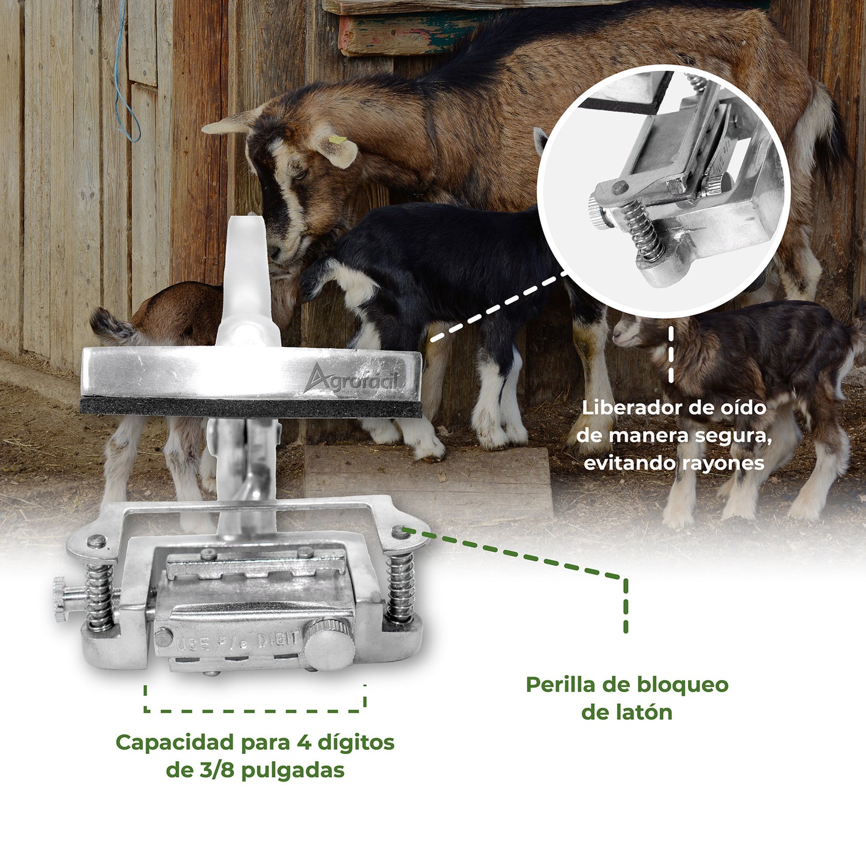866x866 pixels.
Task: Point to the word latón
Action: click(x=644, y=713)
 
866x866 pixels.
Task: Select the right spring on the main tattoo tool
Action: click(x=400, y=587)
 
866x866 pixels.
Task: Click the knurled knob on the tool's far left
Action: click(x=61, y=599)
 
